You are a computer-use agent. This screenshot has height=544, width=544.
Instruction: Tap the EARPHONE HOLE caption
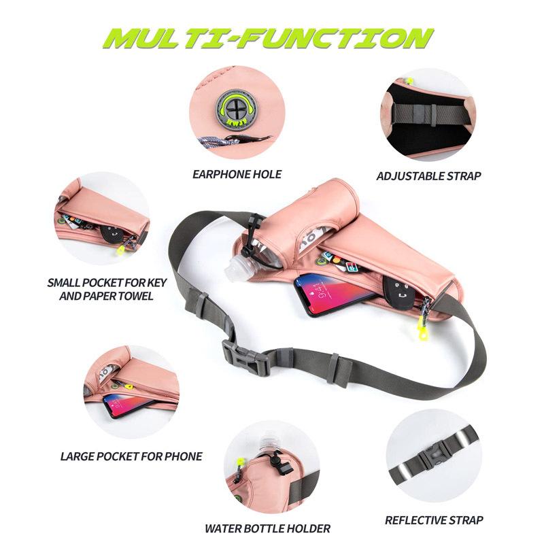pyautogui.click(x=237, y=175)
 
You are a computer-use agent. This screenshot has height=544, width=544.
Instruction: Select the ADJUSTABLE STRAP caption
pyautogui.click(x=428, y=176)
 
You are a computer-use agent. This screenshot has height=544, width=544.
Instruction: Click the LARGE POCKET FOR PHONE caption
pyautogui.click(x=131, y=456)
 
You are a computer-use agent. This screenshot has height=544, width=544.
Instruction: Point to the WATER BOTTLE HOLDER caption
pyautogui.click(x=267, y=528)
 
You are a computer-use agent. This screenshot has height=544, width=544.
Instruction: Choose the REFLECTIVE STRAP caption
pyautogui.click(x=434, y=521)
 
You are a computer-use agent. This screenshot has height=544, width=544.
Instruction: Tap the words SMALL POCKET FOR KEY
pyautogui.click(x=101, y=283)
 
